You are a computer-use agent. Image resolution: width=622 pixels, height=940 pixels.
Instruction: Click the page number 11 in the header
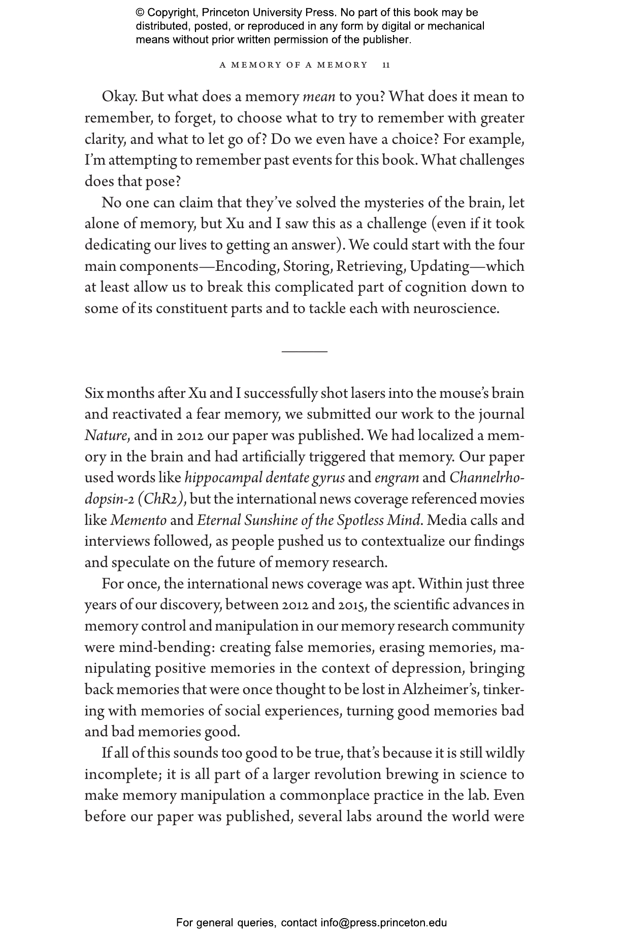point(386,65)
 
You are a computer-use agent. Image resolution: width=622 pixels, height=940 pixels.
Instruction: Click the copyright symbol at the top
point(140,13)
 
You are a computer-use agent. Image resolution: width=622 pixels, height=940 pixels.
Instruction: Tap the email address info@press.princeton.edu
point(383,923)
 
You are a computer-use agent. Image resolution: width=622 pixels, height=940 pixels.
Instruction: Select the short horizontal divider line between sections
point(304,351)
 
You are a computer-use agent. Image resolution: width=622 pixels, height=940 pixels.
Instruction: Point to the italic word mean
point(319,97)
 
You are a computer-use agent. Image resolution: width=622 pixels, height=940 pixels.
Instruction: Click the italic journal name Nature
point(106,436)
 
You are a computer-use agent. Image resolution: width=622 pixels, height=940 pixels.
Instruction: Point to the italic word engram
point(397,478)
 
